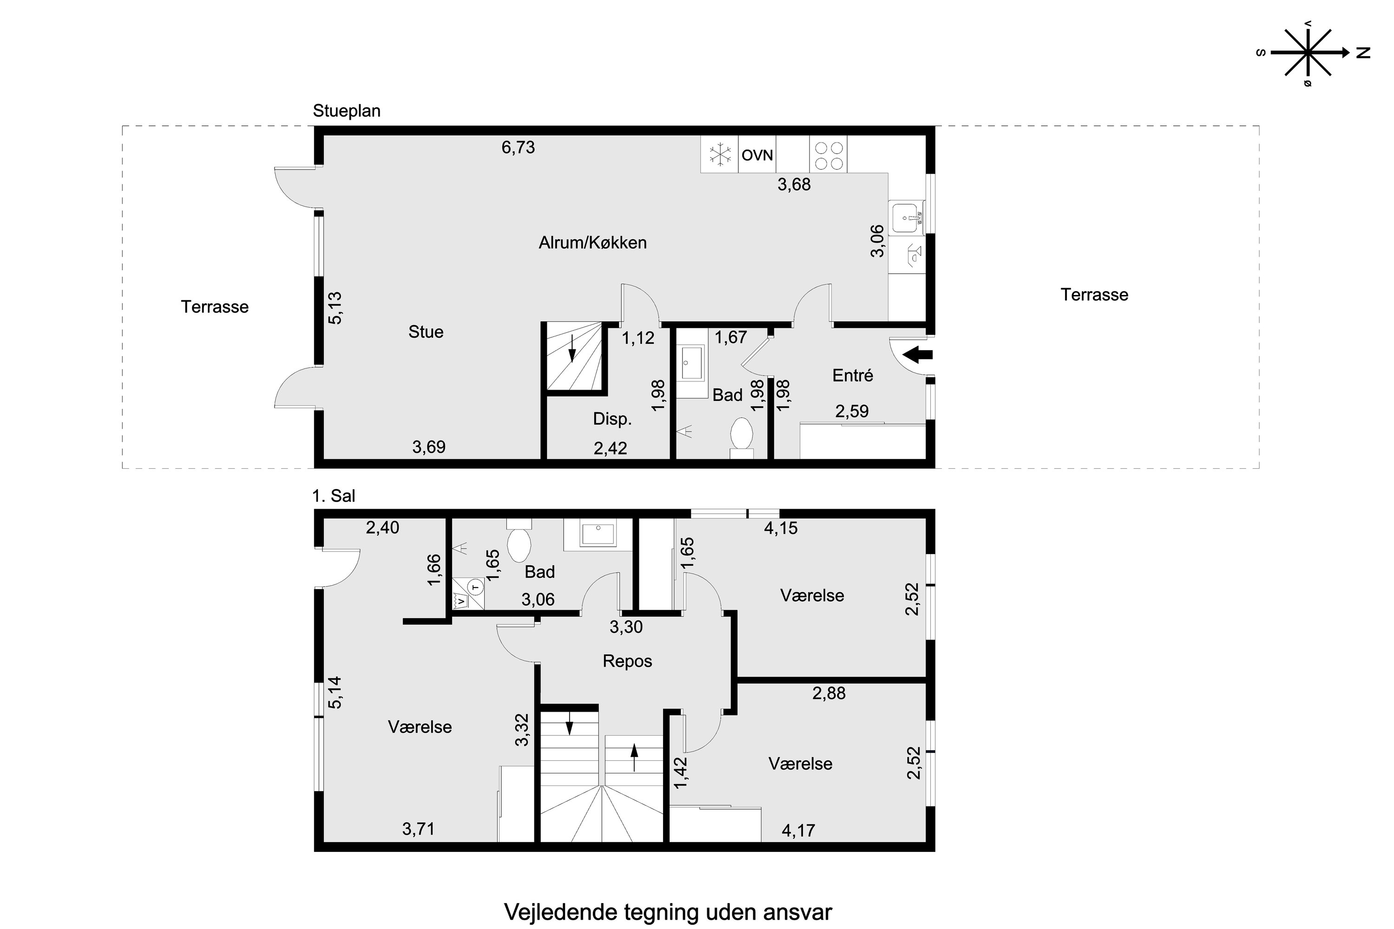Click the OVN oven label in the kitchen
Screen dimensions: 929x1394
pos(757,155)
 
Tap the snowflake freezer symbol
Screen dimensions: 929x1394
pos(720,155)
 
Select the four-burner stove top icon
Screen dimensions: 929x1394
pos(829,155)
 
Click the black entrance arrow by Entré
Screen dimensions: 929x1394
pos(917,355)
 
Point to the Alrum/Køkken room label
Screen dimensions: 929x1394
pos(592,243)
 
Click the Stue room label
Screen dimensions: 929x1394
pos(426,332)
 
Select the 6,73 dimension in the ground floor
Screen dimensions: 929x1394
pos(518,147)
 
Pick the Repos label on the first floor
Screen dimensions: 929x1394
pos(627,661)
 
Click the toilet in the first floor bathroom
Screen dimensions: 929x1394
pos(519,543)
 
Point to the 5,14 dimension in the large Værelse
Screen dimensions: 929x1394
pos(335,692)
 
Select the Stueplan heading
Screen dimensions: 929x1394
pos(346,111)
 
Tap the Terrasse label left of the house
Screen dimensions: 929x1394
pos(215,307)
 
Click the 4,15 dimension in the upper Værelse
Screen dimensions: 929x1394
pos(781,528)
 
